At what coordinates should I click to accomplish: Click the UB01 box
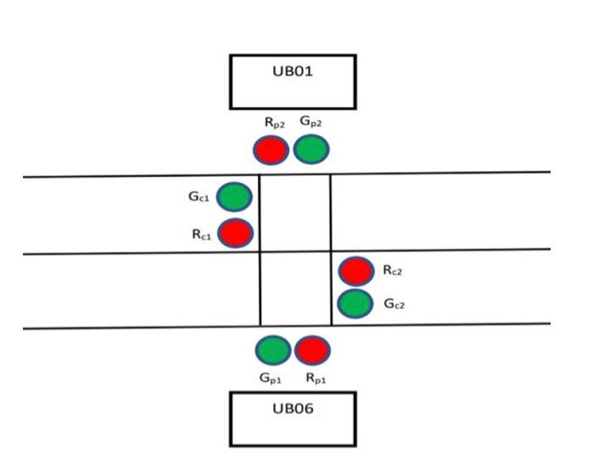(292, 82)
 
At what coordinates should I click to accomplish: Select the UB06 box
(292, 418)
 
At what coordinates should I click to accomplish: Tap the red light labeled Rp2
(271, 150)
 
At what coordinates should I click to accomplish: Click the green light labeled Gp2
(310, 150)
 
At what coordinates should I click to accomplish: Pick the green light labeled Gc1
(234, 197)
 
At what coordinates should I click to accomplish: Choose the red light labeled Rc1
(235, 233)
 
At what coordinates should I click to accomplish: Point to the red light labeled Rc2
(355, 271)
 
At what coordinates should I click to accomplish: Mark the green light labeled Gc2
(355, 303)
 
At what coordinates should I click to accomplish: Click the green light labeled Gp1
(272, 350)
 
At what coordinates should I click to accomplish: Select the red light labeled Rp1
(312, 350)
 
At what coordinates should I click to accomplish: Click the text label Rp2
(272, 124)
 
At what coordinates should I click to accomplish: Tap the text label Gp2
(310, 124)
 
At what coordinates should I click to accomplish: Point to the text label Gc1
(198, 197)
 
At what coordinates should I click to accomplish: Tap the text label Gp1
(271, 378)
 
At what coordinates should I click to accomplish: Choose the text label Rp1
(315, 378)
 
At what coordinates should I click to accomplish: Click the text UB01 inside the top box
(292, 71)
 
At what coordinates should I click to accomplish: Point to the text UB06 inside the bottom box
(292, 408)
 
